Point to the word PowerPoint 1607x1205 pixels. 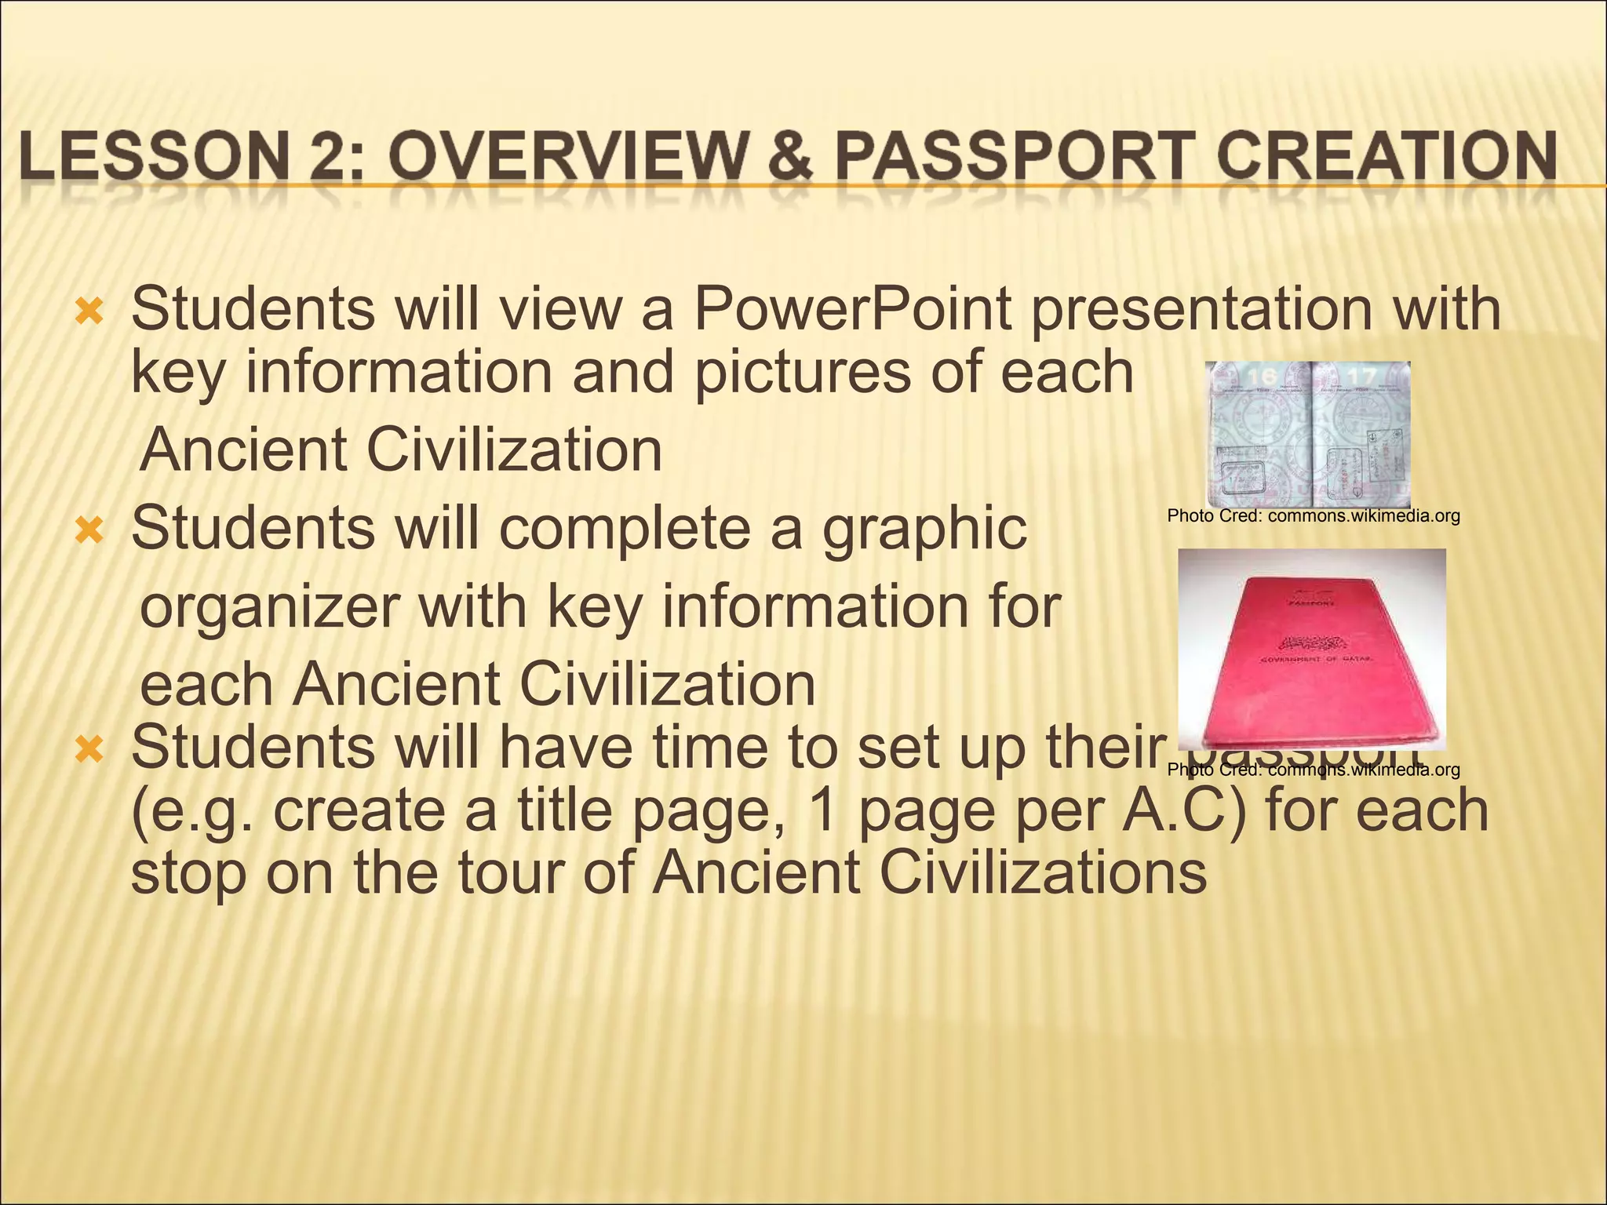(852, 310)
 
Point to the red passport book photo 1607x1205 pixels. (1312, 647)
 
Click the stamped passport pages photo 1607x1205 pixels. (1307, 434)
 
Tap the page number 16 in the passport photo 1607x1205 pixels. (1262, 377)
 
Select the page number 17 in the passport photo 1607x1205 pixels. (1361, 377)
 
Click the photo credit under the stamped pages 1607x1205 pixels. (1314, 516)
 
